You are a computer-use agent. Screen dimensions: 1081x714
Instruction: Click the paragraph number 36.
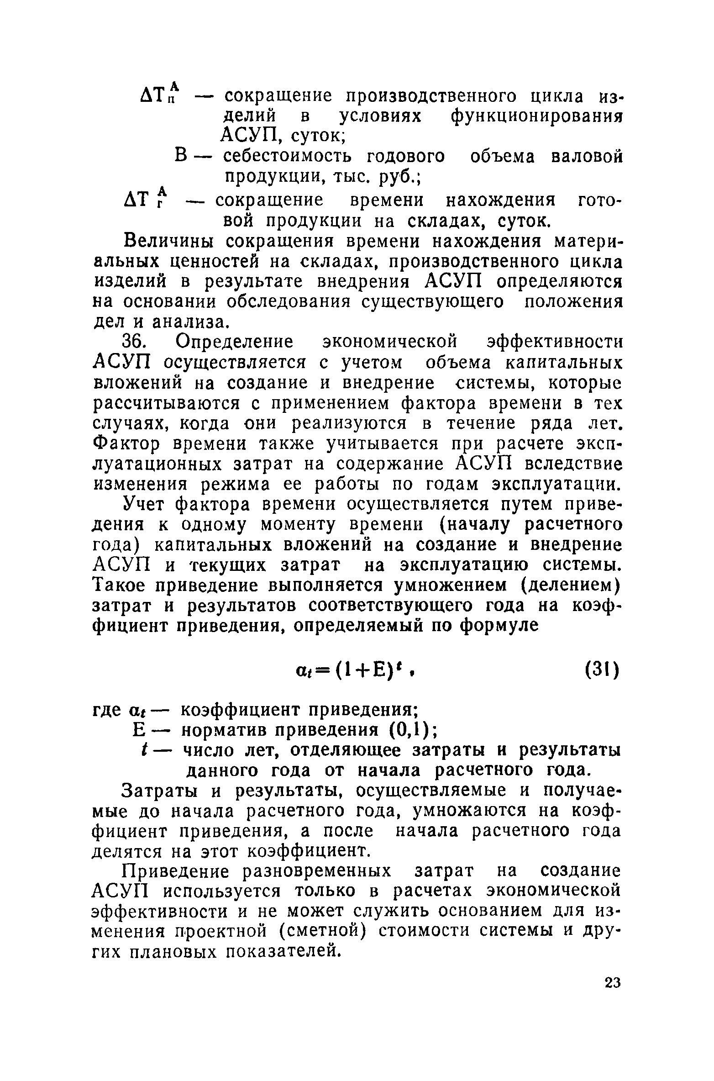[x=135, y=342]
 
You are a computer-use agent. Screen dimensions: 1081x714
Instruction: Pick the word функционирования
[x=537, y=116]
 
